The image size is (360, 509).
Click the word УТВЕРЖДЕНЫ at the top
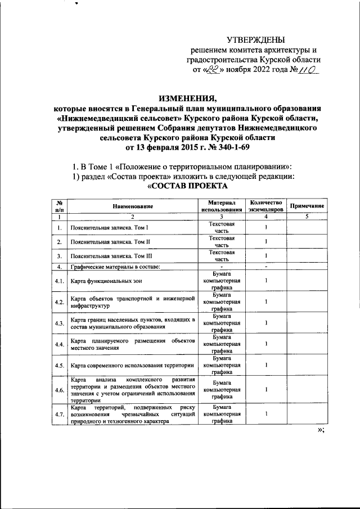pos(255,39)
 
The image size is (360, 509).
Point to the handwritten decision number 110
pos(304,70)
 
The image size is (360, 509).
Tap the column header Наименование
pos(132,206)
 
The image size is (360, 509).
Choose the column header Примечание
pos(307,206)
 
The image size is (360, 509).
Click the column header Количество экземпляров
pos(266,206)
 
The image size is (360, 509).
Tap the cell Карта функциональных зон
pos(105,280)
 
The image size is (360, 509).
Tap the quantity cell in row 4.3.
pos(266,323)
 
